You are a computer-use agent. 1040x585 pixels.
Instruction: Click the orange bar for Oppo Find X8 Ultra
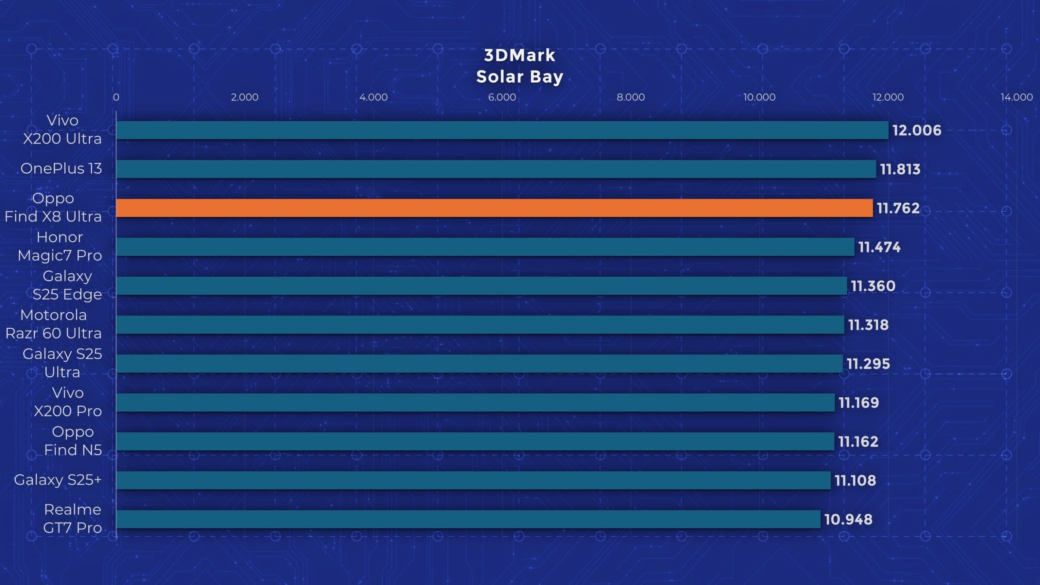point(494,208)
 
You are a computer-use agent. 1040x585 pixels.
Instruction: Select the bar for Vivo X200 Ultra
point(502,130)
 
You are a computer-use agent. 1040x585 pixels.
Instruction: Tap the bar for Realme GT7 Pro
point(468,519)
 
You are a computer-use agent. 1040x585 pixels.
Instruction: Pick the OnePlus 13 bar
point(496,169)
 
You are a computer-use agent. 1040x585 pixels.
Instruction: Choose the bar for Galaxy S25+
point(473,480)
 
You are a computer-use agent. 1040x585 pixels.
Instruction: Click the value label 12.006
point(916,131)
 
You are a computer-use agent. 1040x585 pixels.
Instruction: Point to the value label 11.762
point(898,208)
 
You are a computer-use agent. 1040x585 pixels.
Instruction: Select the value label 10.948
point(848,519)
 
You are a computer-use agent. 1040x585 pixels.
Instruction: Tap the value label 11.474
point(879,247)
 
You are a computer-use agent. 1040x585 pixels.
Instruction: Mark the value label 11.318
point(868,325)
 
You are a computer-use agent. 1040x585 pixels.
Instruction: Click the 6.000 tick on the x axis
point(502,97)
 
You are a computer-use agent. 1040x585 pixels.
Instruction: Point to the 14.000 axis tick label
point(1016,97)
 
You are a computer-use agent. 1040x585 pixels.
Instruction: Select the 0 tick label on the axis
point(116,97)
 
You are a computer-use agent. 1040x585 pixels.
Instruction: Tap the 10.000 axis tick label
point(759,97)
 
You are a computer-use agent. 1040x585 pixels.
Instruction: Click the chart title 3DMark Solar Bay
point(520,66)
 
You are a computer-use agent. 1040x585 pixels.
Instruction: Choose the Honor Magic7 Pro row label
point(60,246)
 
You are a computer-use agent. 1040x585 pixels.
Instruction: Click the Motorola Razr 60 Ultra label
point(53,324)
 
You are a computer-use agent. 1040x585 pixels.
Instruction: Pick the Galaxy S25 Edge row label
point(67,285)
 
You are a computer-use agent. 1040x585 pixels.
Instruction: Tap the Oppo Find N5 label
point(73,441)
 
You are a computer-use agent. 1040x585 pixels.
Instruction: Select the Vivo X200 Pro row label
point(67,402)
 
